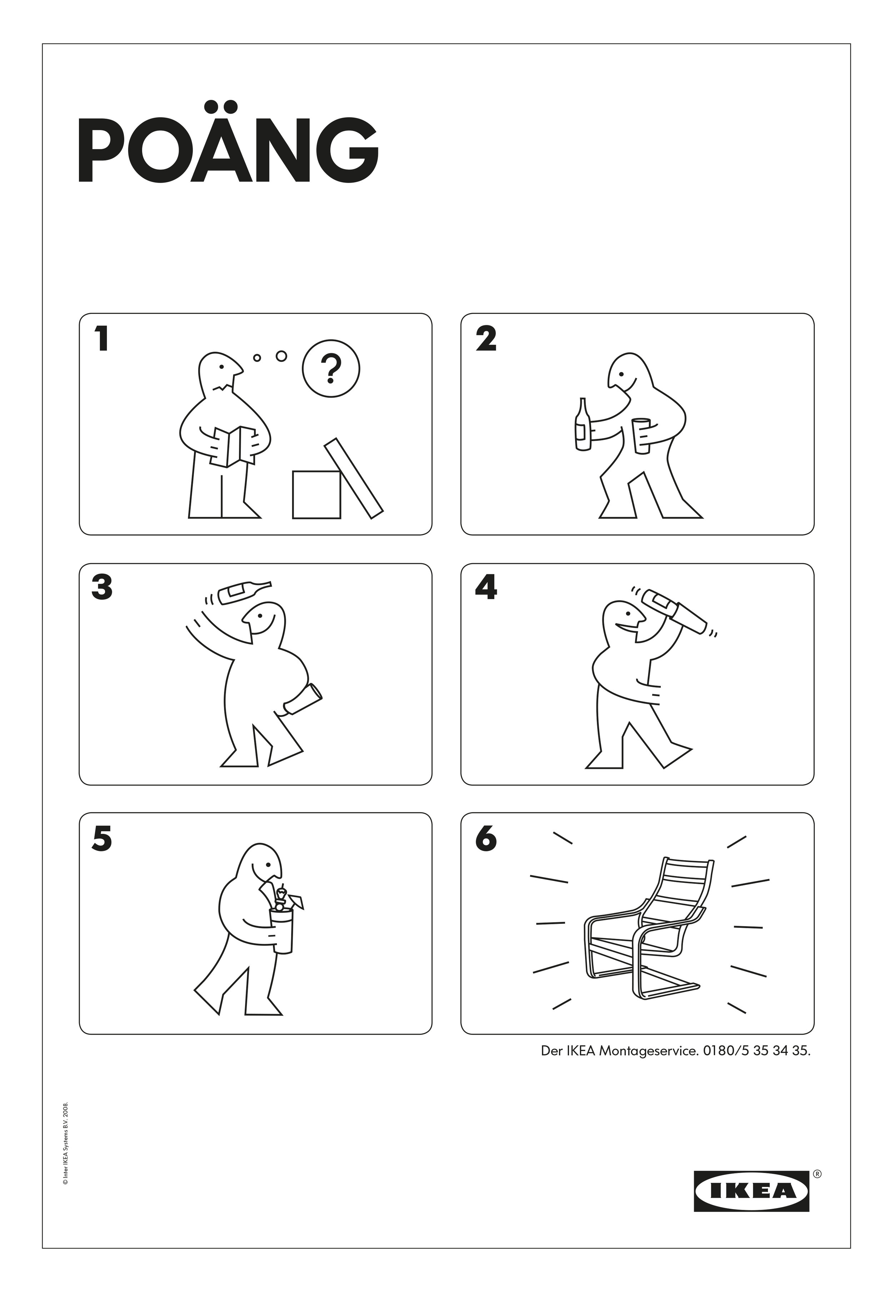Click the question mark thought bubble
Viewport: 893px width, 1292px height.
331,369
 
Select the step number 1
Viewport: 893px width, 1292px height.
101,340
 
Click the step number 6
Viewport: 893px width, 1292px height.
486,840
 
